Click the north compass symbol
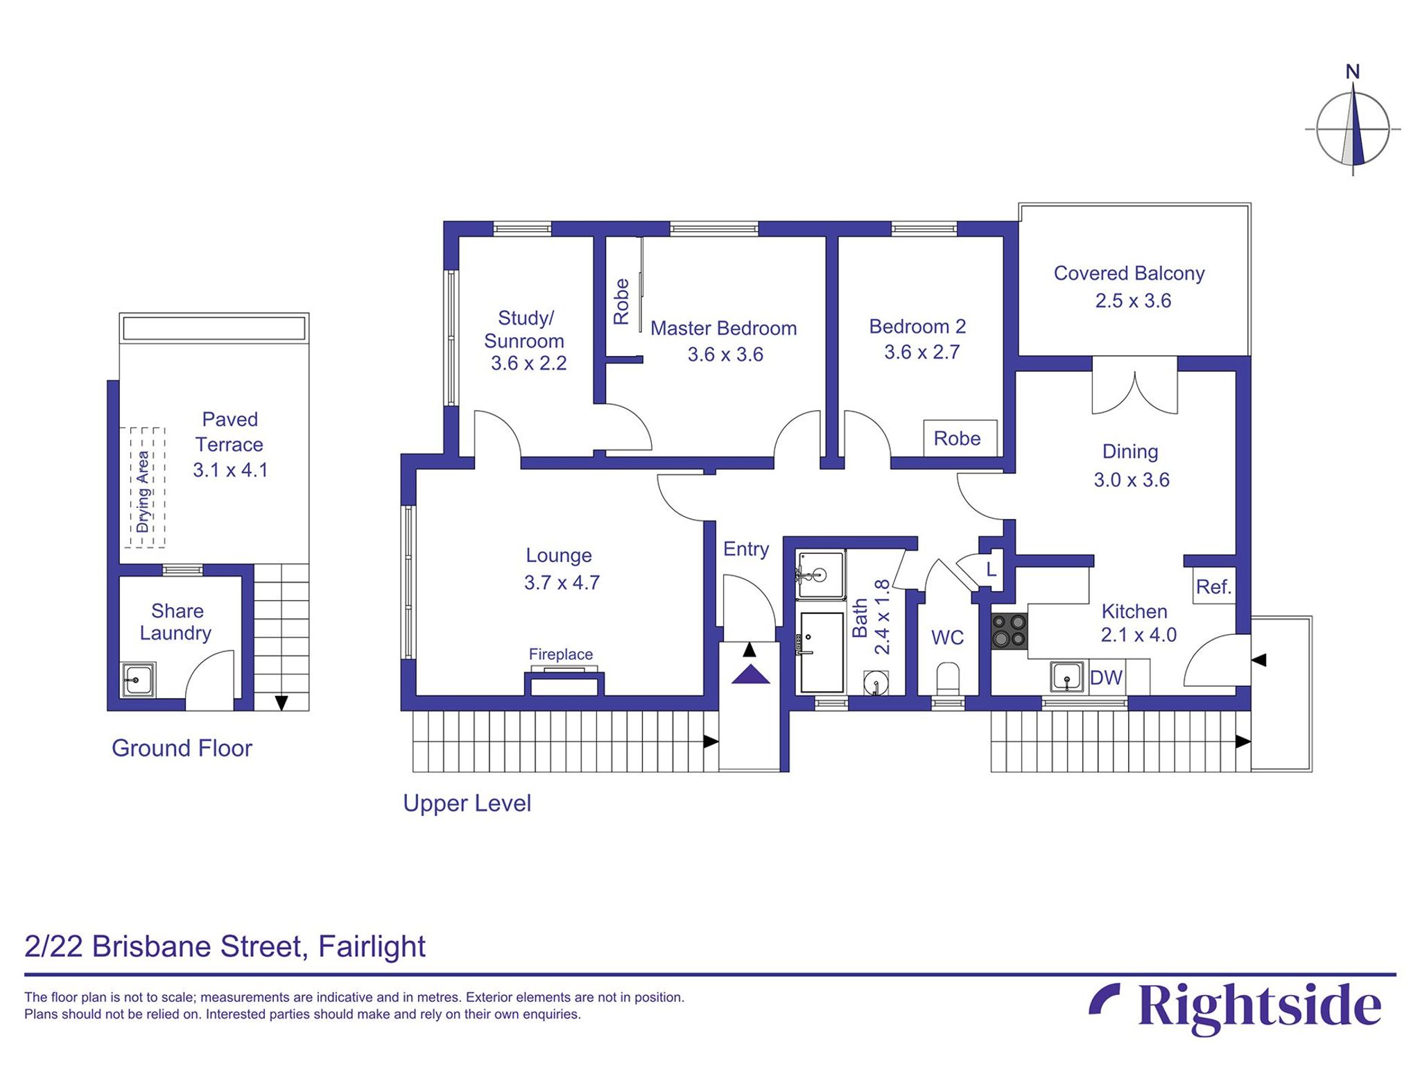click(1352, 129)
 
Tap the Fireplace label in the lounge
click(560, 654)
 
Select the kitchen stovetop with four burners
click(1009, 631)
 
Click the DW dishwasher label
click(1106, 678)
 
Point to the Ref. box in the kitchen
click(1213, 587)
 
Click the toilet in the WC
click(947, 677)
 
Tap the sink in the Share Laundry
click(138, 679)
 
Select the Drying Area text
click(143, 491)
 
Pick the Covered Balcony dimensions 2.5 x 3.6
click(1133, 300)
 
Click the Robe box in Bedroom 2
click(959, 438)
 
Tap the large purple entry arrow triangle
click(750, 674)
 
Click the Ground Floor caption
click(182, 748)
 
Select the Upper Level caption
click(467, 803)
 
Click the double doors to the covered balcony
click(1134, 393)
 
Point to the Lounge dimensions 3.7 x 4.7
click(562, 582)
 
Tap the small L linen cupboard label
click(992, 570)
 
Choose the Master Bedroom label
click(723, 328)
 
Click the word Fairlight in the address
click(372, 946)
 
